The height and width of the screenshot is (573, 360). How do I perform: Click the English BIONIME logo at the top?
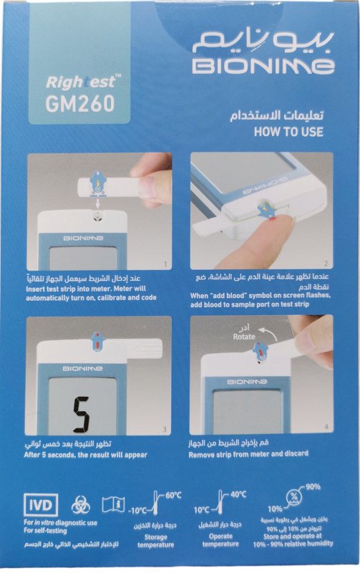pos(263,66)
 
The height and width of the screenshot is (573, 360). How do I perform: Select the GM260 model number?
pos(80,104)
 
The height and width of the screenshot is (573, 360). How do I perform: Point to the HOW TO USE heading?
pos(288,132)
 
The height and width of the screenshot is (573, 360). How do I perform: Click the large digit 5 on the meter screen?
pos(80,413)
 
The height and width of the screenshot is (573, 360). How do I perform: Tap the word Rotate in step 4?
pos(244,337)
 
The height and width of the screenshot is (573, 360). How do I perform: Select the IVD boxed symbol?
pos(41,505)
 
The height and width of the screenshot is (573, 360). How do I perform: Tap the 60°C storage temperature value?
pos(173,496)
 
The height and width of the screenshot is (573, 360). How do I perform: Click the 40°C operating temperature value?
pos(238,494)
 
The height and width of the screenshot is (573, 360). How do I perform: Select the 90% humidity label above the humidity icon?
pos(312,486)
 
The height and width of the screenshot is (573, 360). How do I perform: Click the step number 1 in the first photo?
pos(165,264)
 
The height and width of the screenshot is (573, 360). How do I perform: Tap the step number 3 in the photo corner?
pos(165,429)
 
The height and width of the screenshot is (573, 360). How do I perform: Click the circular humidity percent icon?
pos(293,497)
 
